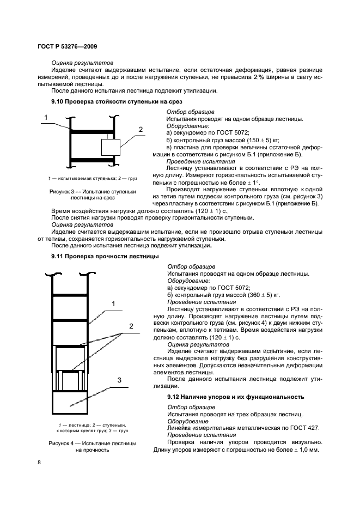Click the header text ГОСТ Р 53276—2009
tap(67, 47)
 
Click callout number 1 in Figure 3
tap(46, 117)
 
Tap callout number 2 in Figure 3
tap(141, 130)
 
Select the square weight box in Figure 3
tap(111, 147)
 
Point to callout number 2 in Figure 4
tap(131, 326)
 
